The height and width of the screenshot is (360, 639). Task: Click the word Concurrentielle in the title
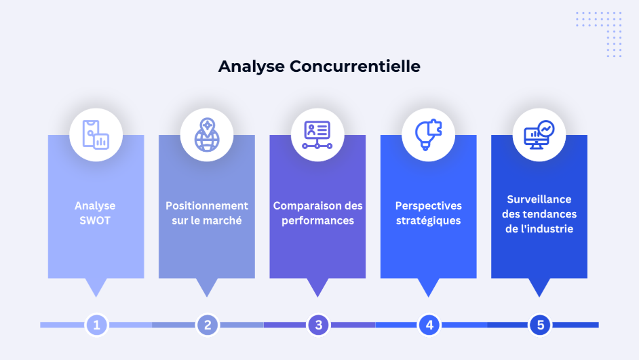click(355, 66)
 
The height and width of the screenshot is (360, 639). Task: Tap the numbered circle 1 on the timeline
click(96, 325)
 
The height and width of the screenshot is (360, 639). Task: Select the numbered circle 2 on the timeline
click(208, 325)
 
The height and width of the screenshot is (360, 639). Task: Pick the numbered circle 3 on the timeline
click(318, 325)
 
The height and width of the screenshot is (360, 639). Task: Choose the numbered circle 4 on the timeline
click(429, 325)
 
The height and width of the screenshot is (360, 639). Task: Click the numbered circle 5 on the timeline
click(540, 325)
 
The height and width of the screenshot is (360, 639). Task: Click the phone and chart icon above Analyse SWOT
click(96, 135)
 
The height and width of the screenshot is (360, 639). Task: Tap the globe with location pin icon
click(207, 135)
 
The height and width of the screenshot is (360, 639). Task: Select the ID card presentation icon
click(317, 135)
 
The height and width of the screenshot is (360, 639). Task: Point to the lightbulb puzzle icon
click(428, 135)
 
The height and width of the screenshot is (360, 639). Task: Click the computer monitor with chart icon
click(539, 135)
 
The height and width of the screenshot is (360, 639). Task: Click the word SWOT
click(95, 221)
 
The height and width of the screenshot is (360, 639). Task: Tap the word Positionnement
click(207, 205)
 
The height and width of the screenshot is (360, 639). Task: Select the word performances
click(318, 221)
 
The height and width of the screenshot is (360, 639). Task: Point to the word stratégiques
click(428, 221)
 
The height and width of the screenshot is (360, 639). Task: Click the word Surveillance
click(539, 199)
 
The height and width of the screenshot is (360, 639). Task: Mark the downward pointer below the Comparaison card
click(317, 286)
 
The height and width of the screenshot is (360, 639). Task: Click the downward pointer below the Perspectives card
click(428, 286)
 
